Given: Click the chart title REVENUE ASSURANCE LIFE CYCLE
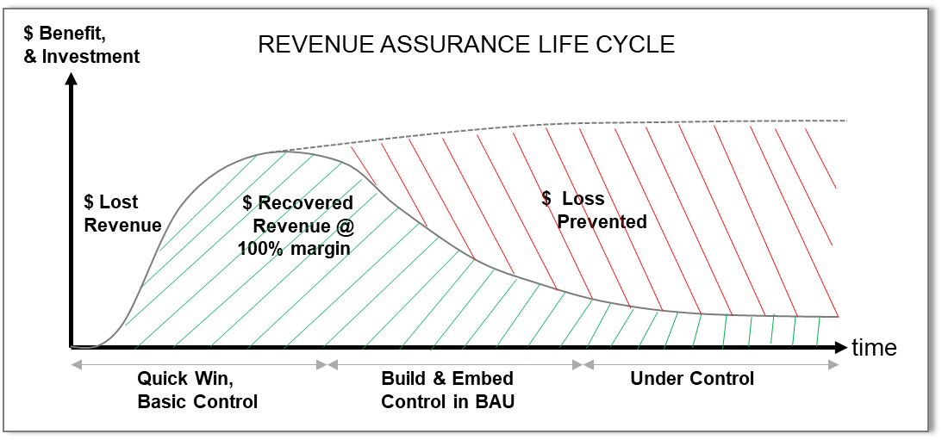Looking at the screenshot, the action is coord(466,45).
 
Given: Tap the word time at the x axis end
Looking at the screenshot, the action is coord(874,347).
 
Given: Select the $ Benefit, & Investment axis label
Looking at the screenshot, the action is coord(82,45).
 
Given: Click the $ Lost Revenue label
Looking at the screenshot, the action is coord(122,214).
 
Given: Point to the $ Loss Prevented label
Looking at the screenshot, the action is coord(594,210).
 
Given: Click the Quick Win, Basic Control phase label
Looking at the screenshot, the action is coord(197,389).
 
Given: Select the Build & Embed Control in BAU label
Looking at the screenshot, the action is coord(447,389).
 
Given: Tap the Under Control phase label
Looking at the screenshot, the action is coord(691,379).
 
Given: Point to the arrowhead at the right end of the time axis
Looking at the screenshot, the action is coord(842,347).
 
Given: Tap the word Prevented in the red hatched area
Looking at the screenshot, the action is coord(602,222).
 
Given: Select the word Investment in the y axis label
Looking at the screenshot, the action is coord(90,57).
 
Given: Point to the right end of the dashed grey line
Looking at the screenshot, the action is coord(846,121).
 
